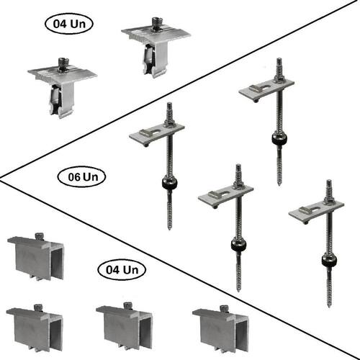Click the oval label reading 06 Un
81,177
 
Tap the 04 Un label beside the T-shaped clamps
69,24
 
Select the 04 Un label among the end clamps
122,270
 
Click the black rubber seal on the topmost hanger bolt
279,138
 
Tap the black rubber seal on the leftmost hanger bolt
169,184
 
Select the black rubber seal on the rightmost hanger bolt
329,260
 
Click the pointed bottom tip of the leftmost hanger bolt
169,230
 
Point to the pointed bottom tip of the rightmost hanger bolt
329,306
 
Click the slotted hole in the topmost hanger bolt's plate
264,88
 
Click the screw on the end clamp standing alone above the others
38,235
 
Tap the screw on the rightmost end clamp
223,307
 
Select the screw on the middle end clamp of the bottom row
127,305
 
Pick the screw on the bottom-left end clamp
37,307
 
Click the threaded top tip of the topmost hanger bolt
279,59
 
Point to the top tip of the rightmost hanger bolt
329,181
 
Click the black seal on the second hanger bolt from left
238,245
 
